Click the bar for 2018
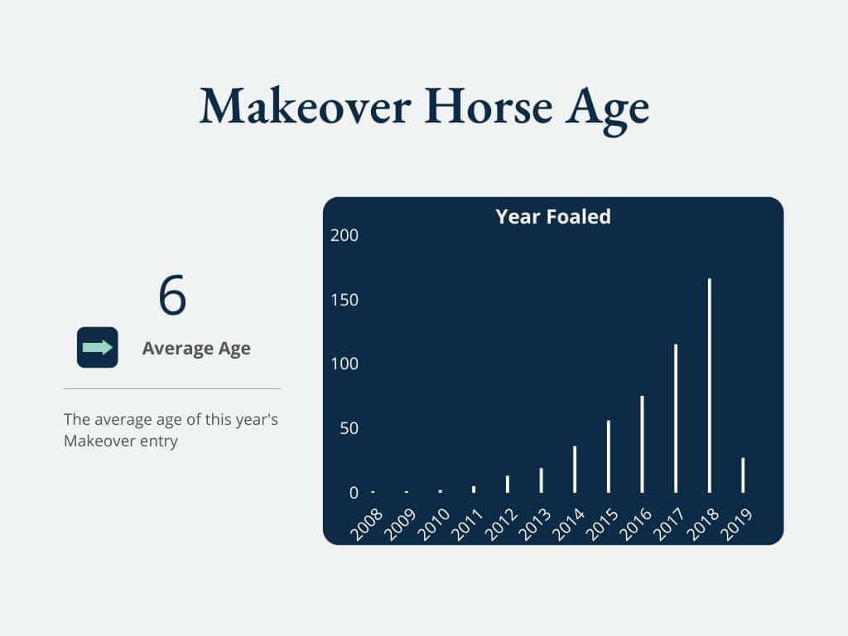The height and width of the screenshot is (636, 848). [710, 386]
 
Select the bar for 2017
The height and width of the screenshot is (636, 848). [676, 418]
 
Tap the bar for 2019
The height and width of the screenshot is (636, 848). [743, 475]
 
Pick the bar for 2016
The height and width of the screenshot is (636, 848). [642, 445]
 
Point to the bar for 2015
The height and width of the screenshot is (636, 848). [609, 456]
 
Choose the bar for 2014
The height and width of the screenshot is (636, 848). [575, 470]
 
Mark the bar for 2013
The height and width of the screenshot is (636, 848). [541, 480]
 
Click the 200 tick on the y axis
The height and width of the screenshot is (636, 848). [344, 235]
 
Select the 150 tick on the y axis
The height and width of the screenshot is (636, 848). [344, 300]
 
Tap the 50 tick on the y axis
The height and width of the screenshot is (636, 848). [349, 428]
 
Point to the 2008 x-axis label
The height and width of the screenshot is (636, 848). [367, 523]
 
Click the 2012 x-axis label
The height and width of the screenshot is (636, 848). [501, 523]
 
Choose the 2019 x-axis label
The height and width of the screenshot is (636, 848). [736, 523]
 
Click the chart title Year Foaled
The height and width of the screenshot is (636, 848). [553, 216]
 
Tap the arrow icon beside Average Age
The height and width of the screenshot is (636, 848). [98, 347]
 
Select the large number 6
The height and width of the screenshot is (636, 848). [172, 295]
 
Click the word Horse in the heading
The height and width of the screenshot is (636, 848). [489, 107]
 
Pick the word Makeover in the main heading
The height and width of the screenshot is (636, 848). [306, 107]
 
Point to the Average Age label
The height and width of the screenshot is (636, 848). [196, 349]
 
